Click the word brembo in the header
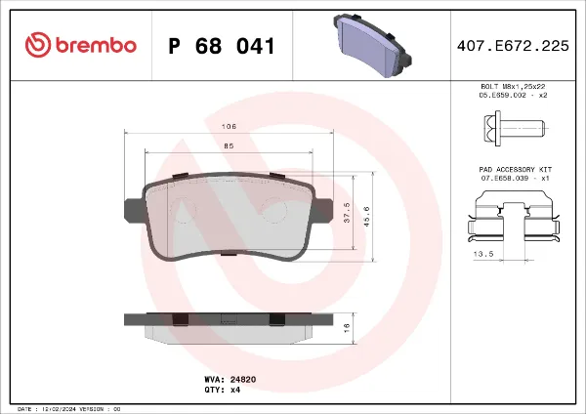tap(96, 46)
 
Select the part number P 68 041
tap(221, 46)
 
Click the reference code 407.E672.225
tap(512, 46)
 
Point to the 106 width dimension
tap(229, 127)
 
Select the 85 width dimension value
tap(229, 145)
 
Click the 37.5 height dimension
tap(348, 213)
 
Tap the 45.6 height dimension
tap(366, 214)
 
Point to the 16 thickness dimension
tap(348, 329)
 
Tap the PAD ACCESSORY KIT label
tap(511, 170)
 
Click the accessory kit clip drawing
tap(511, 217)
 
